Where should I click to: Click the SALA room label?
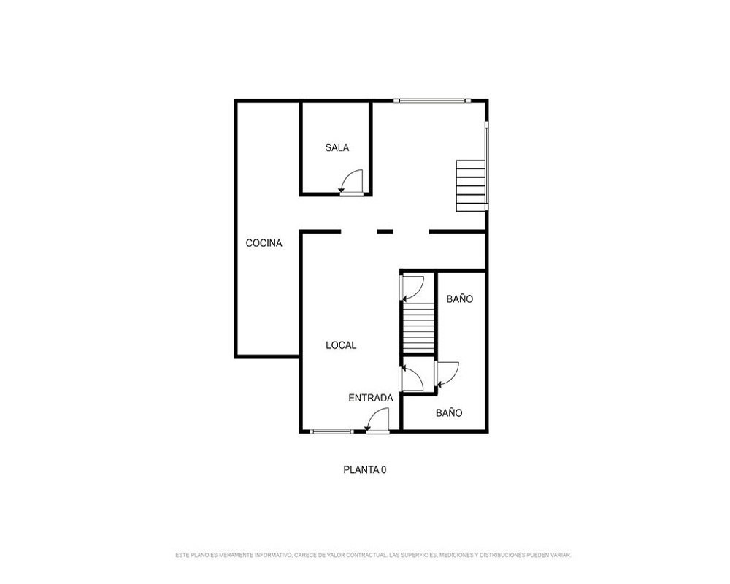coord(337,147)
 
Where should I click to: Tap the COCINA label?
coord(264,243)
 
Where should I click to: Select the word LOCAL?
coord(341,345)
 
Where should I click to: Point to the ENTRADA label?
coord(371,398)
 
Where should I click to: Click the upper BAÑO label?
coord(459,299)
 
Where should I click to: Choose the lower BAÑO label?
coord(449,412)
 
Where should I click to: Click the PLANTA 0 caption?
coord(364,470)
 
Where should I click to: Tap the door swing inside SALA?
coord(352,182)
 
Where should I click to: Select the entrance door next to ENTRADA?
coord(377,420)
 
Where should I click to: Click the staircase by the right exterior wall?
coord(471,185)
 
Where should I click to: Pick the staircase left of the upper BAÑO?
coord(418,327)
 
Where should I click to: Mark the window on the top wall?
coord(432,100)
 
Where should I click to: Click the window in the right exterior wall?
coord(486,165)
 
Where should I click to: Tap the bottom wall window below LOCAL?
coord(331,431)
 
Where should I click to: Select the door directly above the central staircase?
coord(412,289)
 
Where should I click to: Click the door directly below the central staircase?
coord(412,378)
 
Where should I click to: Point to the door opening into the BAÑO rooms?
coord(447,375)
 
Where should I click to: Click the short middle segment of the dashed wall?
coord(385,231)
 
